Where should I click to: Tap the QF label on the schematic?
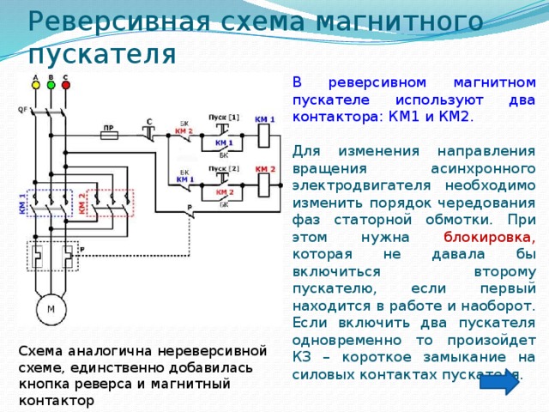[x=23, y=109]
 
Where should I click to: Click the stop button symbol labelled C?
[x=148, y=132]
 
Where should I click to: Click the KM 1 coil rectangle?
[x=265, y=134]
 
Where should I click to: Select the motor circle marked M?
[x=51, y=309]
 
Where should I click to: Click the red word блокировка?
[x=489, y=236]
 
